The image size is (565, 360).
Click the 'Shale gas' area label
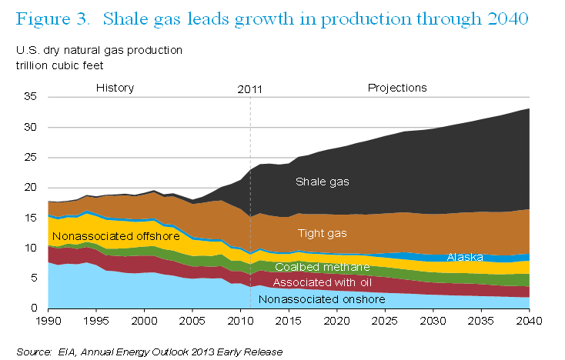click(x=322, y=182)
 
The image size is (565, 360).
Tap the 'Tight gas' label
click(x=322, y=234)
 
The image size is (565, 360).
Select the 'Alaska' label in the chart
click(x=465, y=257)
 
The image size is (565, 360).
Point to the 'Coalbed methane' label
click(x=322, y=267)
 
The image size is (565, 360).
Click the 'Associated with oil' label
click(x=322, y=282)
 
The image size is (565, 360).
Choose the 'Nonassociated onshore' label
click(x=322, y=299)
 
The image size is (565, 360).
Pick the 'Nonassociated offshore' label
click(x=116, y=236)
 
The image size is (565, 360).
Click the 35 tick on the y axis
click(x=31, y=96)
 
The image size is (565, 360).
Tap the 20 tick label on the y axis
click(x=31, y=187)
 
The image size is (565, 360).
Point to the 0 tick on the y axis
click(x=34, y=308)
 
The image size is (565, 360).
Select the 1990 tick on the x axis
click(x=48, y=321)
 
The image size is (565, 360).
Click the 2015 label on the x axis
click(x=289, y=321)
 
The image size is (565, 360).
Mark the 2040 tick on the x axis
click(x=529, y=321)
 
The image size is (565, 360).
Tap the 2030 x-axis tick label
click(x=433, y=321)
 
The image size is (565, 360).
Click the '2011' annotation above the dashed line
click(x=249, y=89)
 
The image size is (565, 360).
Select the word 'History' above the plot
click(x=115, y=88)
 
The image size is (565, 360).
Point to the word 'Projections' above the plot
click(x=397, y=88)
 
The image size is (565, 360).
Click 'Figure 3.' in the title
click(x=52, y=19)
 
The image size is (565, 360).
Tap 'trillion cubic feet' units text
click(x=59, y=65)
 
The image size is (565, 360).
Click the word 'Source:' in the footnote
click(x=34, y=352)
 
